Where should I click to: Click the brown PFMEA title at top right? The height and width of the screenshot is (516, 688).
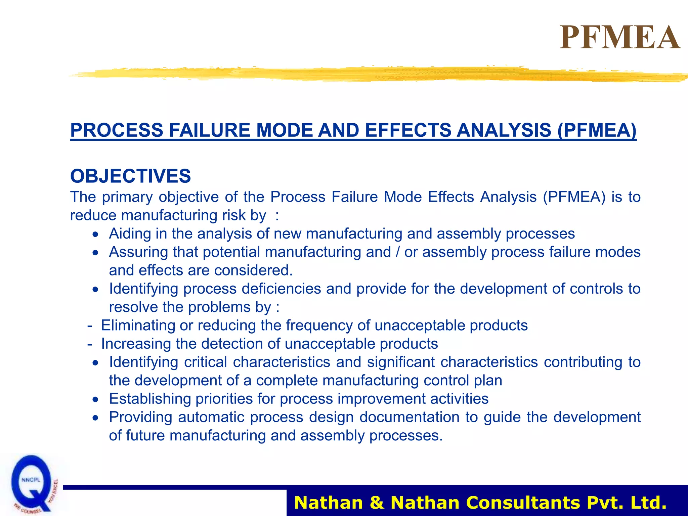pos(620,38)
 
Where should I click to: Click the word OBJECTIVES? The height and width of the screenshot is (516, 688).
pos(130,176)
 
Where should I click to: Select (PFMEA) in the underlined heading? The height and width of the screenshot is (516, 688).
pos(597,130)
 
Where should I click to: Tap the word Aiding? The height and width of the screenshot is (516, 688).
pos(130,234)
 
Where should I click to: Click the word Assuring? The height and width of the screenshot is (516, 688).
pos(138,252)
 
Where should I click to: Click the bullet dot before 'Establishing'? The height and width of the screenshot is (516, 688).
pos(96,399)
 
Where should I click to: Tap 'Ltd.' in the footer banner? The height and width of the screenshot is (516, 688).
pos(648,503)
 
